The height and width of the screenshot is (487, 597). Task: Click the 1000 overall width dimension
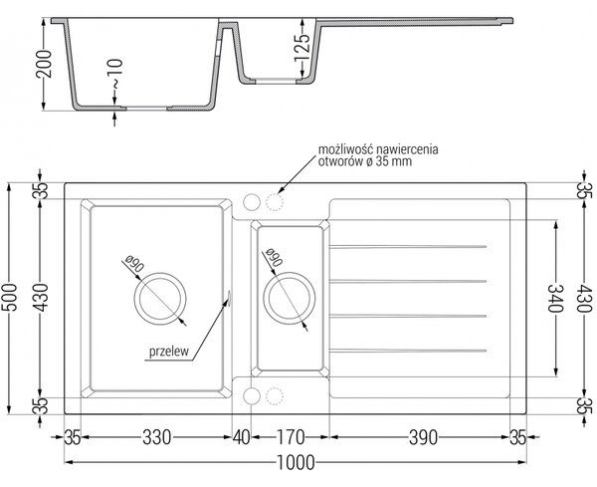pyautogui.click(x=296, y=463)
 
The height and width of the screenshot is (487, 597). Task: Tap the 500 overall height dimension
pyautogui.click(x=10, y=297)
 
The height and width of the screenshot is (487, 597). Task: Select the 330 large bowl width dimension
pyautogui.click(x=157, y=437)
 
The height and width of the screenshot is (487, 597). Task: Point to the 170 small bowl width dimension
pyautogui.click(x=291, y=437)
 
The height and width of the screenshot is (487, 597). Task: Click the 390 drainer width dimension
pyautogui.click(x=424, y=437)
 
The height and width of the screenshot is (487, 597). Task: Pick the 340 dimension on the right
pyautogui.click(x=555, y=298)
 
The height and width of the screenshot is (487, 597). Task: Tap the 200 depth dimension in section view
pyautogui.click(x=44, y=64)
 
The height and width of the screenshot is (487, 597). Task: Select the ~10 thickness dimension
pyautogui.click(x=115, y=75)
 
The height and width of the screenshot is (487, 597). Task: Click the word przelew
pyautogui.click(x=169, y=352)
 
